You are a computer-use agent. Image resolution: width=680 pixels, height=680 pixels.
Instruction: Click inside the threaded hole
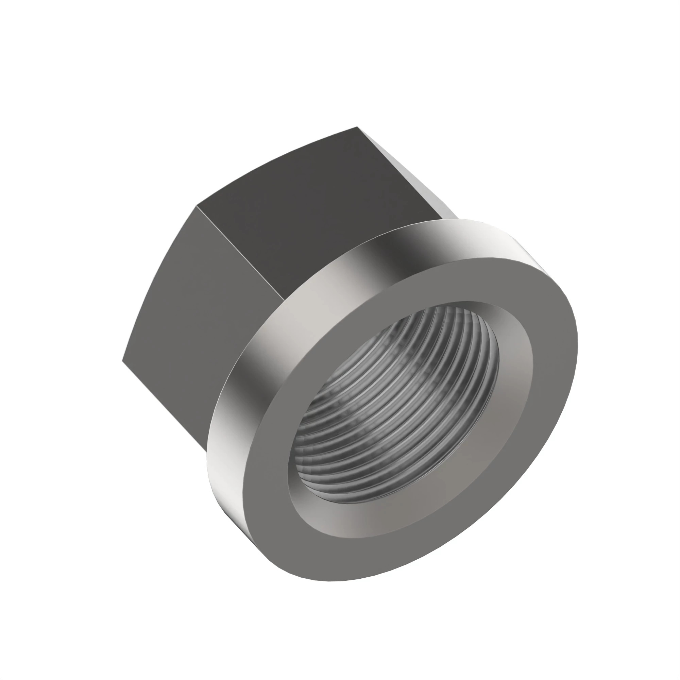click(398, 405)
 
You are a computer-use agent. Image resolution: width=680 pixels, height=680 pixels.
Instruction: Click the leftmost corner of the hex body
click(122, 360)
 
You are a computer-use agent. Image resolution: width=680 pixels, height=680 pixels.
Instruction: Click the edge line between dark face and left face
click(239, 252)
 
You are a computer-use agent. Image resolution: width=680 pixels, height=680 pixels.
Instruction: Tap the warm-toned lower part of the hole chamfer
click(352, 524)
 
